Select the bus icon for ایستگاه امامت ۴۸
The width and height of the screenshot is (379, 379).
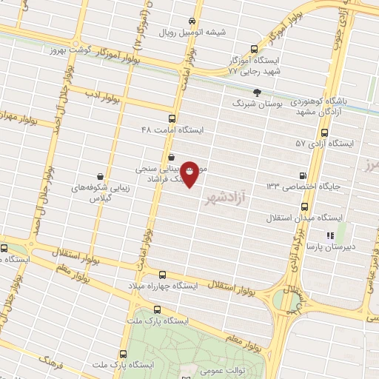click(x=172, y=118)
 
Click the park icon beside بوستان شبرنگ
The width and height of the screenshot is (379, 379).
click(x=257, y=93)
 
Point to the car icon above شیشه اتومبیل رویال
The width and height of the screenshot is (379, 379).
click(x=192, y=21)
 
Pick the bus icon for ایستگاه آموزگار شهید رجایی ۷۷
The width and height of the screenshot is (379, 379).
click(x=255, y=46)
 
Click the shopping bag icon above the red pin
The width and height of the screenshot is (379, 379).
click(x=172, y=157)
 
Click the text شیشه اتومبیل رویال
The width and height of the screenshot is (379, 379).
click(x=195, y=33)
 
